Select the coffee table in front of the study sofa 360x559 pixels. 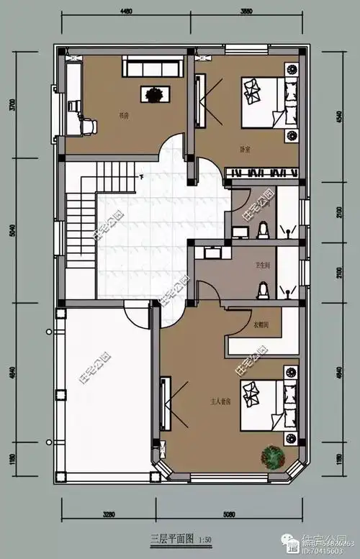tap(154, 94)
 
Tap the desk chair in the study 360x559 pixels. tap(87, 127)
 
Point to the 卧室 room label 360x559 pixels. tap(245, 150)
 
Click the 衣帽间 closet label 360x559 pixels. tap(261, 324)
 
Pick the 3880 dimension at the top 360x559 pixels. tap(247, 11)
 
